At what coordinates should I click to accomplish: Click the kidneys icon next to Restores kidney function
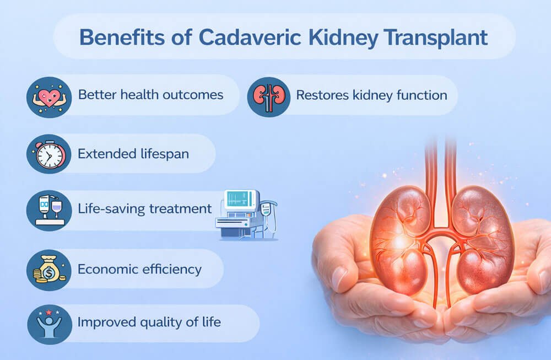(x=269, y=95)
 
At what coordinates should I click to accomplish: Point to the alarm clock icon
(x=49, y=154)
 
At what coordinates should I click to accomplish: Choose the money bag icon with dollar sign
(x=49, y=269)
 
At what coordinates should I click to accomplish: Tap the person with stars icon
(x=49, y=324)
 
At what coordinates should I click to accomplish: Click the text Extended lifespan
(x=133, y=154)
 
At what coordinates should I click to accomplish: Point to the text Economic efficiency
(x=139, y=269)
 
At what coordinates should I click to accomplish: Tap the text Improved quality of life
(x=149, y=322)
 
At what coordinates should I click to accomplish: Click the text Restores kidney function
(x=371, y=95)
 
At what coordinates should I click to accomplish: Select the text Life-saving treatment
(x=145, y=209)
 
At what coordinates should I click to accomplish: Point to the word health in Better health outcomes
(x=145, y=94)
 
